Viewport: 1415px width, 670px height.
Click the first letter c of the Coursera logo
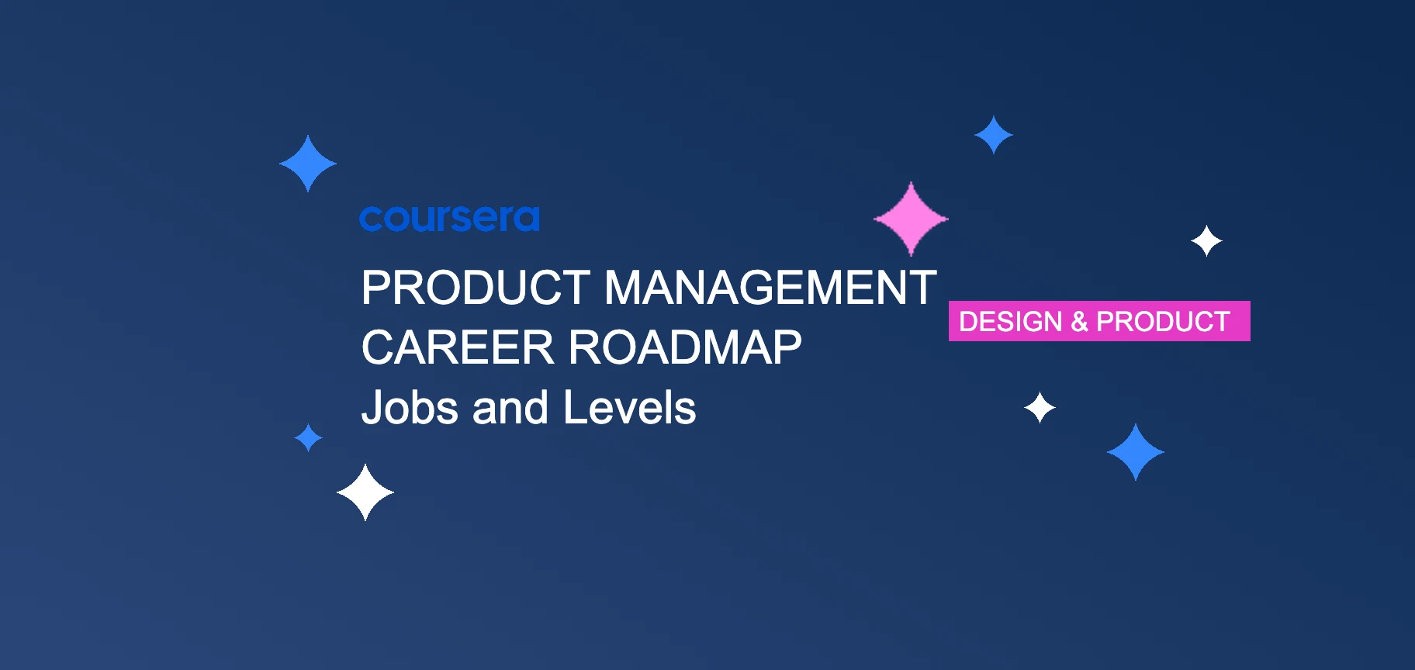click(371, 219)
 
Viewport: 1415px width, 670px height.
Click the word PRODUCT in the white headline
click(476, 288)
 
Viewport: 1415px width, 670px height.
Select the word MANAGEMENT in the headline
click(770, 288)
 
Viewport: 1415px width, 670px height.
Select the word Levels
click(629, 408)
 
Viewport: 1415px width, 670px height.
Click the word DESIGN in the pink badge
click(1010, 321)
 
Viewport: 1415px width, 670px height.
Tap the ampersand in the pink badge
click(1079, 321)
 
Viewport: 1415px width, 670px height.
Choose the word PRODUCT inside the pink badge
click(1163, 321)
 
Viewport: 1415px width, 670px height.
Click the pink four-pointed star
click(911, 219)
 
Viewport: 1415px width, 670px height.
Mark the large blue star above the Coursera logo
click(308, 164)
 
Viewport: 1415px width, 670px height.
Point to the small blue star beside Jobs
click(308, 437)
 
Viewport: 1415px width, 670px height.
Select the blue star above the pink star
click(993, 135)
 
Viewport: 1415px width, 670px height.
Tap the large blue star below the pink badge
click(1135, 452)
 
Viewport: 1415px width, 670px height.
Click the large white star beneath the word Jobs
click(365, 492)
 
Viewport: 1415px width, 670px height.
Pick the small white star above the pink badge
click(1206, 241)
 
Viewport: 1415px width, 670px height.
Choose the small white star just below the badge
click(1040, 407)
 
